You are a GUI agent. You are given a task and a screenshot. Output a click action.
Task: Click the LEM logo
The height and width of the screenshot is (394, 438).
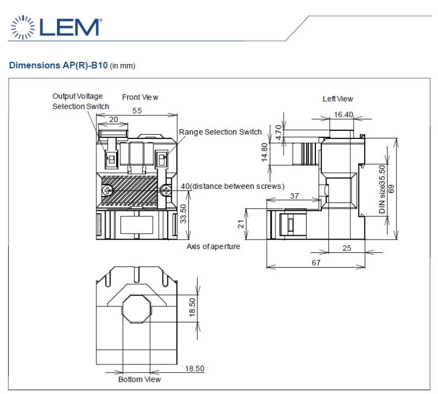(x=56, y=27)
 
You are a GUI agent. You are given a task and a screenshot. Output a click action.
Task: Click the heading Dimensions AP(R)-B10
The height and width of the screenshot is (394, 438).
(x=58, y=65)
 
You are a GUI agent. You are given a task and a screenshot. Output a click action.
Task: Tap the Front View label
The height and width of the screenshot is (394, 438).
(x=140, y=97)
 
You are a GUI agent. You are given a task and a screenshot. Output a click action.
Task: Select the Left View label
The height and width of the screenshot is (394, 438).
(x=338, y=99)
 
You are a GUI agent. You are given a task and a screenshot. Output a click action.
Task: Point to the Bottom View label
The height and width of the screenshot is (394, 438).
(x=140, y=379)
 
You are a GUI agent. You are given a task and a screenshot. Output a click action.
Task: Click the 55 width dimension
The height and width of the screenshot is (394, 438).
(x=137, y=111)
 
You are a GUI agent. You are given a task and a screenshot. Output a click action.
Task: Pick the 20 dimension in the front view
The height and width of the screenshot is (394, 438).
(x=113, y=119)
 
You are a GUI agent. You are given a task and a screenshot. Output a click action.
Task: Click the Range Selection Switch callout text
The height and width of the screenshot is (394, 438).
(x=220, y=132)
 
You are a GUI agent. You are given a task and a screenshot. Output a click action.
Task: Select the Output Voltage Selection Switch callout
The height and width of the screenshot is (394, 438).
(x=80, y=101)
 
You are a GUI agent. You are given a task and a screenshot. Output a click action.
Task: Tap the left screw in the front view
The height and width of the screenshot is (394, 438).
(x=107, y=191)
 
